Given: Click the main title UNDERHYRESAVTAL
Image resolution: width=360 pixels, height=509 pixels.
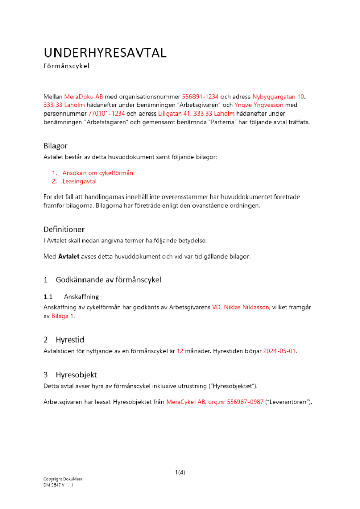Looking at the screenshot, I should [105, 53].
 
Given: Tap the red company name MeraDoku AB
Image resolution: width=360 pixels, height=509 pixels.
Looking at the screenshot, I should [84, 96].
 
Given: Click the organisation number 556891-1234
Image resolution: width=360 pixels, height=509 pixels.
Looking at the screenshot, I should [200, 96].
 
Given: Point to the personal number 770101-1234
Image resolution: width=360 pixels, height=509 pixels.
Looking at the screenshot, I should [106, 114].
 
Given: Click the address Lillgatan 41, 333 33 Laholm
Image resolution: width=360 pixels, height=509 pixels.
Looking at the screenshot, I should [196, 114].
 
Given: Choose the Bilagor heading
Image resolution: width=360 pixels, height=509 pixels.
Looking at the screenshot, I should [56, 146].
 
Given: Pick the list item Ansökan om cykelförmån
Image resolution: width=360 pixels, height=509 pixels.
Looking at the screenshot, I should [98, 173].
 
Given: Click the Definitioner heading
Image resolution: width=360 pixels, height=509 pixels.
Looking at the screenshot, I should [64, 229].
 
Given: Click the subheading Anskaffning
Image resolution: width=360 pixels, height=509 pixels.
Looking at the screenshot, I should [81, 296].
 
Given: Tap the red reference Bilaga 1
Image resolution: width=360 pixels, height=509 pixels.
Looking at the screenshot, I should [63, 316].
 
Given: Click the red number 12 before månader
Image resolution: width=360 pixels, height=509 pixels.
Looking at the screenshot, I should [180, 351].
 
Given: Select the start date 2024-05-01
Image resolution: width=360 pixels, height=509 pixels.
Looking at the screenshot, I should [280, 351].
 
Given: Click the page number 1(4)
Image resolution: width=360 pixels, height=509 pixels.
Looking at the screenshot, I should [180, 472].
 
